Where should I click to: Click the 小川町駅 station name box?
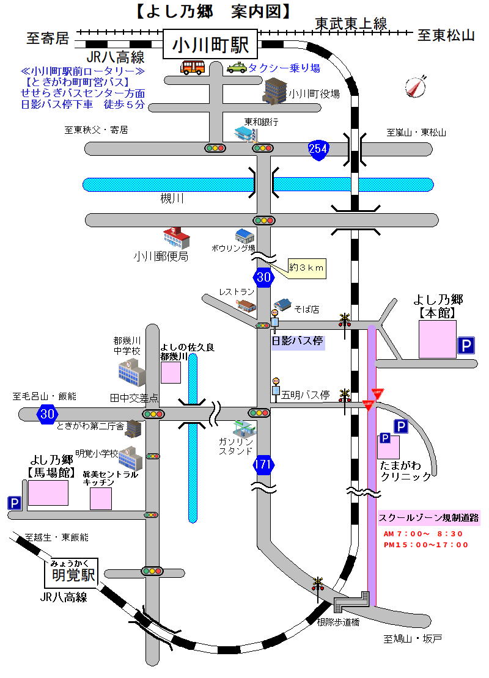(x=210, y=45)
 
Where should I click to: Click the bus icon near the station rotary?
(x=192, y=67)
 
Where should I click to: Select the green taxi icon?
(x=236, y=68)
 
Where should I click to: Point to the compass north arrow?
(x=416, y=87)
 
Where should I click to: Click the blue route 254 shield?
(x=318, y=148)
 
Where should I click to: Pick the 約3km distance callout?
(x=307, y=268)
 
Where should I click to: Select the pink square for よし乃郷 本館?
(x=437, y=339)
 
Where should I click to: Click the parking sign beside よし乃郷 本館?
(x=466, y=346)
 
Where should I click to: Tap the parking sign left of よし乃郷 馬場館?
(x=14, y=503)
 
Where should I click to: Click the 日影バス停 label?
(x=298, y=341)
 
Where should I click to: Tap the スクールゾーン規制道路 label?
(x=428, y=518)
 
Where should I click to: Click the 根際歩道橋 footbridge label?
(x=338, y=622)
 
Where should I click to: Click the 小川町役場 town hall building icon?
(x=274, y=92)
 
